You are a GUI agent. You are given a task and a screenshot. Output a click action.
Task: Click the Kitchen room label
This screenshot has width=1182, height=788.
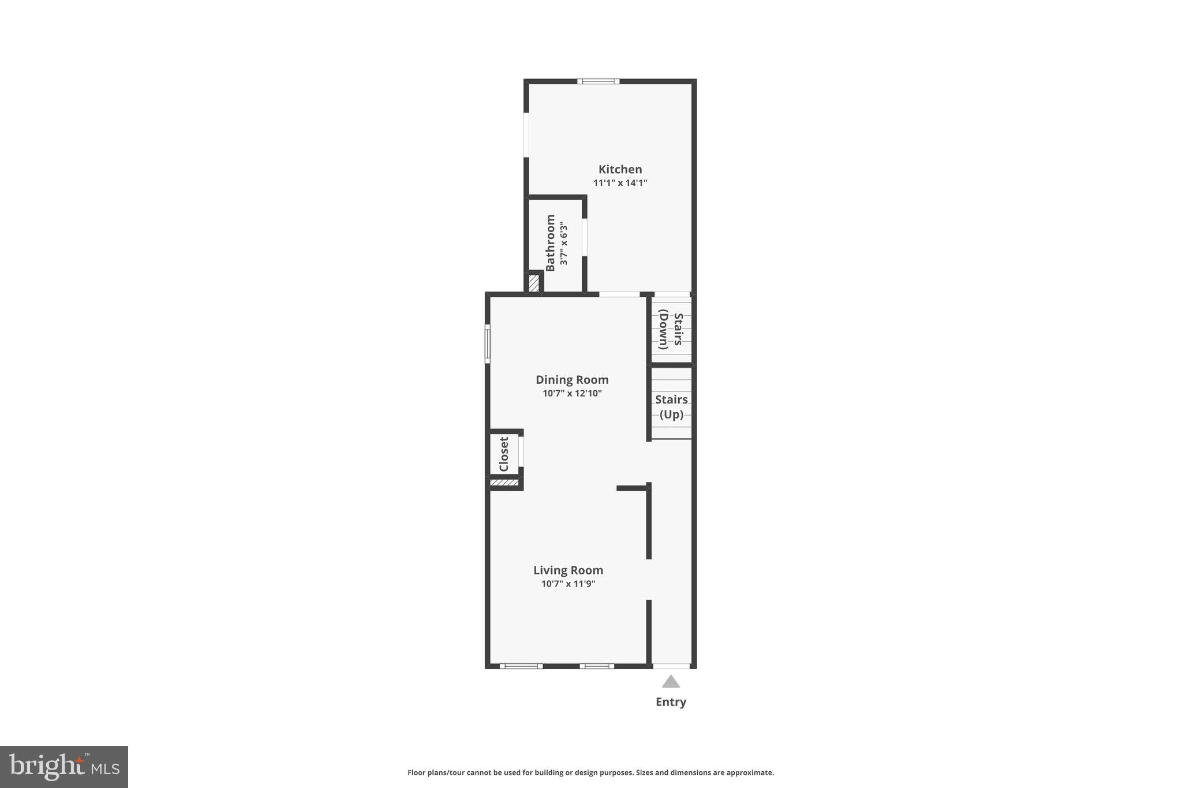pos(620,169)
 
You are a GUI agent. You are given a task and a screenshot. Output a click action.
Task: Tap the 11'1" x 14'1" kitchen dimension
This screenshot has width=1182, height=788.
pos(620,183)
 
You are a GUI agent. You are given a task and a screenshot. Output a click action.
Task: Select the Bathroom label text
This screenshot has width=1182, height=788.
pos(551,242)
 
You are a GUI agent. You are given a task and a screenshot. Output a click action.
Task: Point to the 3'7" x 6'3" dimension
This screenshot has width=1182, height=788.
pos(564,244)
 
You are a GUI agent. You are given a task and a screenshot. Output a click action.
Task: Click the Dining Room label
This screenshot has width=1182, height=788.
pos(572,380)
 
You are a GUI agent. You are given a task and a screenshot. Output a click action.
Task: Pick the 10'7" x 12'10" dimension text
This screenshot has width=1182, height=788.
pos(572,394)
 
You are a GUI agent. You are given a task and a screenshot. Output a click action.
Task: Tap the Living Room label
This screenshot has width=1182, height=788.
pos(568,570)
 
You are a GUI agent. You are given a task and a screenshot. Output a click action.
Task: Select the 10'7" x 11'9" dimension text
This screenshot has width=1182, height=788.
pos(568,584)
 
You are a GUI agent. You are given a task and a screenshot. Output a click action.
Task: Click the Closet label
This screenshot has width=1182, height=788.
pos(504,454)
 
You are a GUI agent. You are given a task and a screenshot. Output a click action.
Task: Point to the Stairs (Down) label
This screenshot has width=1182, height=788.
pos(671,330)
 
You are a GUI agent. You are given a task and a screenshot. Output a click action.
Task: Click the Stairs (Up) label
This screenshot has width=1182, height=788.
pos(671,407)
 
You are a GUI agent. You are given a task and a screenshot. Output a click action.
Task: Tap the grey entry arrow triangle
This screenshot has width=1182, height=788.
pos(671,682)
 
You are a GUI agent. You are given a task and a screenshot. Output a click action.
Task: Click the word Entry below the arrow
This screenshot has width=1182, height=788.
pos(671,702)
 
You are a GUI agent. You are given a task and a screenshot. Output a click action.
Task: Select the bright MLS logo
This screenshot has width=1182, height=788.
pos(64,767)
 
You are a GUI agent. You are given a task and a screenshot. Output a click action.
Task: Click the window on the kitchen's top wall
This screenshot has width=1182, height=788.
pos(599,81)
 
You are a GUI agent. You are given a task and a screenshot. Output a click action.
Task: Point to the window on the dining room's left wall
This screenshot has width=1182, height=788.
pos(487,343)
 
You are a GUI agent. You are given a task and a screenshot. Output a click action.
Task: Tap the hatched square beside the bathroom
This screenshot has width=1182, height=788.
pos(534,283)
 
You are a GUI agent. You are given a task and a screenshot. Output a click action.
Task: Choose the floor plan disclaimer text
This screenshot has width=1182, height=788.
pos(590,772)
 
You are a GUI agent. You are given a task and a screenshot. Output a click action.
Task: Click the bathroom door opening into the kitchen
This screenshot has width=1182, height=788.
pos(584,237)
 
